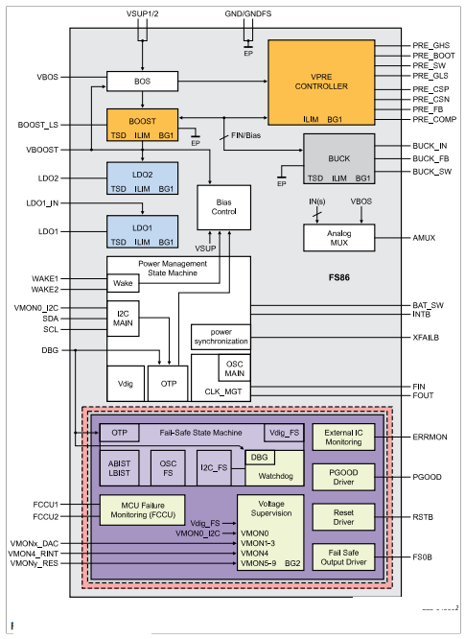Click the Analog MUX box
339,237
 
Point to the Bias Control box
223,206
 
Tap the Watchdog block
267,473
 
